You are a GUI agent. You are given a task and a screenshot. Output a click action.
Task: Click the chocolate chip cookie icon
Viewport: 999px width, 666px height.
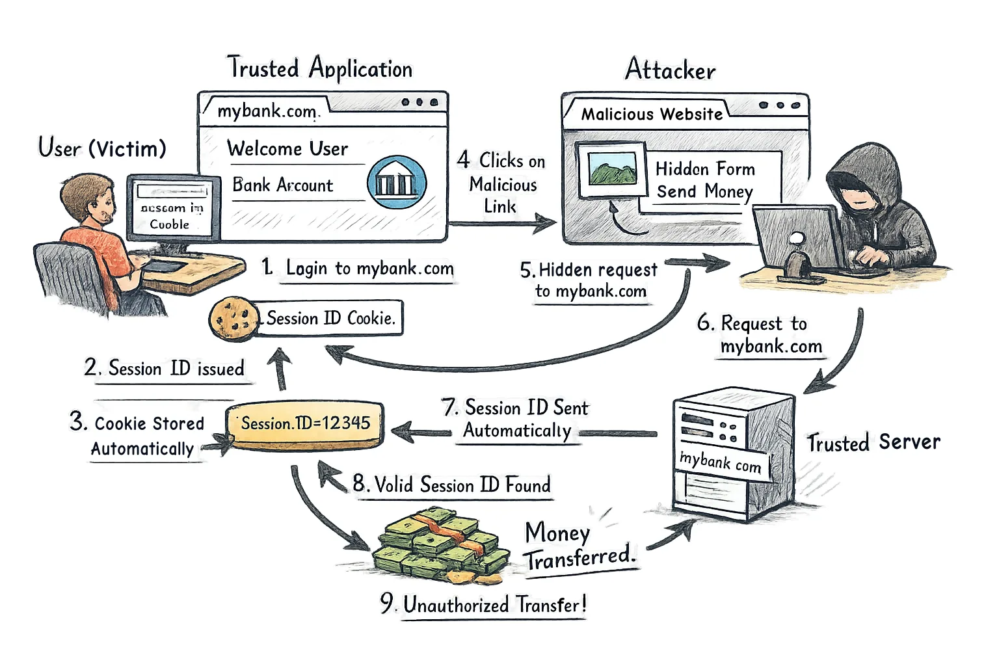(x=230, y=318)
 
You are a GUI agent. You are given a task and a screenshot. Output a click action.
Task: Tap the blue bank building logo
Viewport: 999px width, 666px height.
(x=397, y=182)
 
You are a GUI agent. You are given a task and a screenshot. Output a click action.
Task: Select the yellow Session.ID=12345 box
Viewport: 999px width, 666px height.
(x=304, y=424)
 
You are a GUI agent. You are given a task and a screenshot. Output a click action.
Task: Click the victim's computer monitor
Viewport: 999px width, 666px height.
(x=172, y=208)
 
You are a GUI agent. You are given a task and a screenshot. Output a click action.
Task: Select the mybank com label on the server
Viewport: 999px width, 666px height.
(x=721, y=462)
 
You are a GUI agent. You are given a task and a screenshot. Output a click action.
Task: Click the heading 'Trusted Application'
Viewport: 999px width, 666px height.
(x=319, y=68)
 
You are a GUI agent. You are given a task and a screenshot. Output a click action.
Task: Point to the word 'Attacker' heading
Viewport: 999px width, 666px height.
(x=670, y=70)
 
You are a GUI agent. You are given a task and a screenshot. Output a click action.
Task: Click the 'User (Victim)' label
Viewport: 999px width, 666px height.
(x=102, y=148)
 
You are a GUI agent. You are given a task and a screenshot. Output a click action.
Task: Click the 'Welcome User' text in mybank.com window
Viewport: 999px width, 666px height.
(x=287, y=149)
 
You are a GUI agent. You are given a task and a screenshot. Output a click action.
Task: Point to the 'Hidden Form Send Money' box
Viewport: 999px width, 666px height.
(x=706, y=180)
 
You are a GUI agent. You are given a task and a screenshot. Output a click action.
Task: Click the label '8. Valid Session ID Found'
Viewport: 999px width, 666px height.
(x=452, y=485)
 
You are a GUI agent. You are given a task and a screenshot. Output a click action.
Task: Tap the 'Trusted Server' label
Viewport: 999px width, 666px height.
(x=873, y=442)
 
